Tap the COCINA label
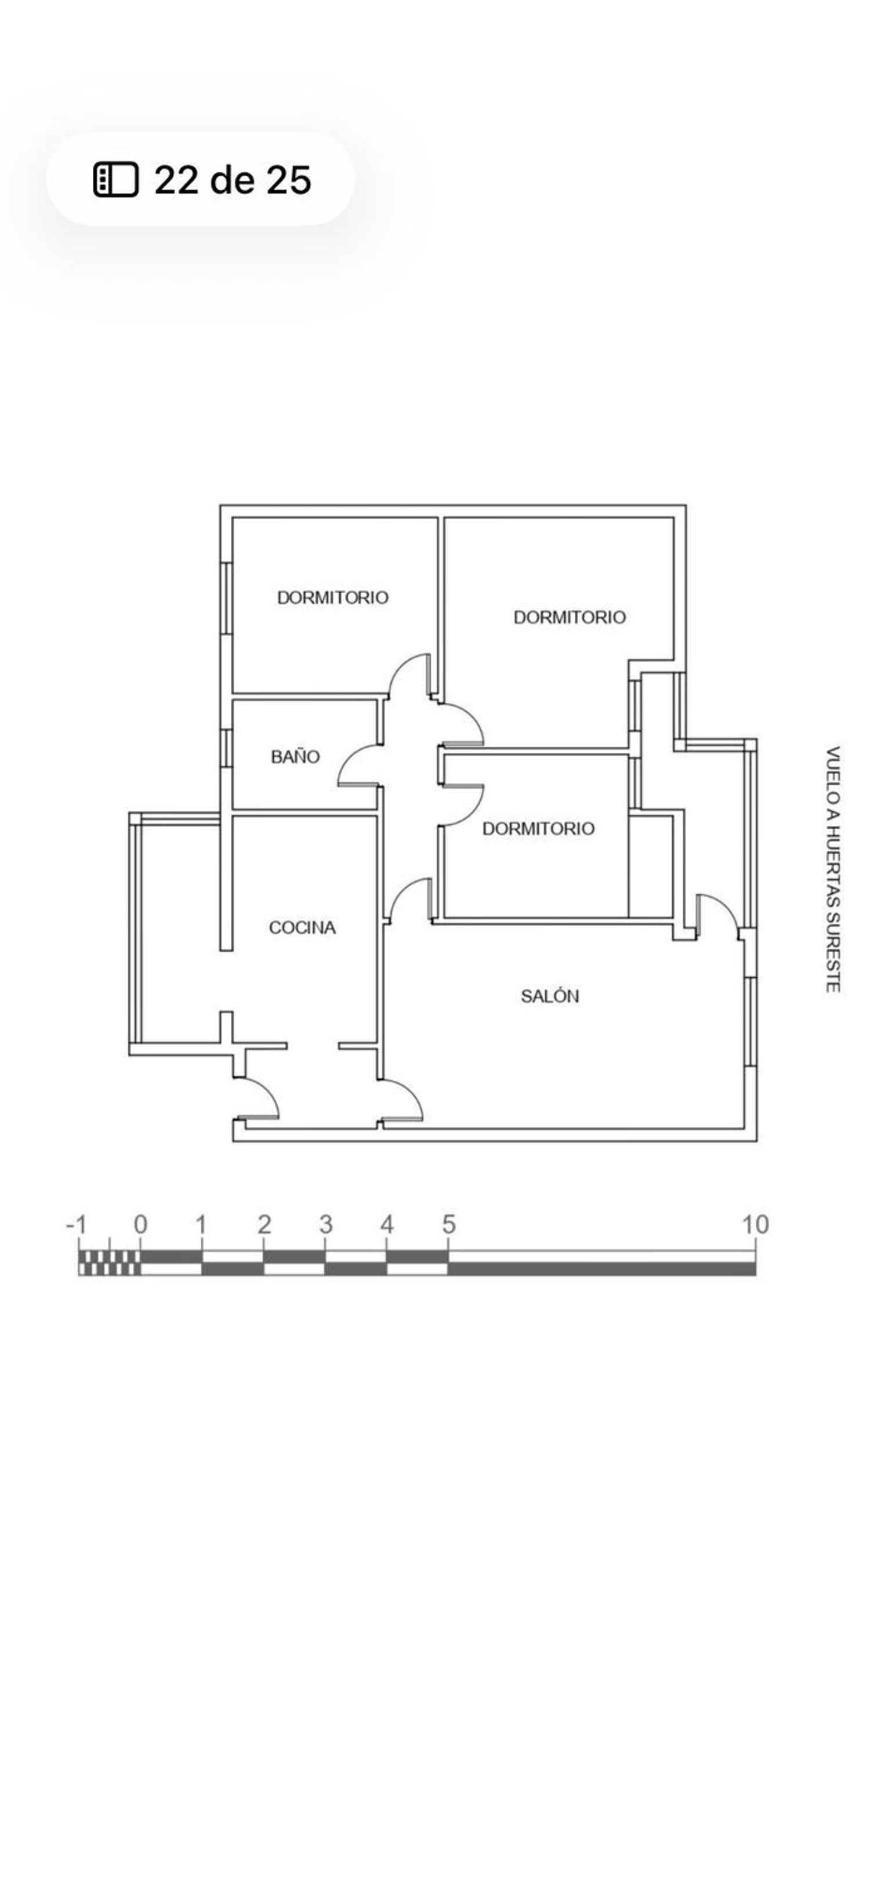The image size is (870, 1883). [302, 928]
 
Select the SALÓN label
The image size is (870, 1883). [550, 996]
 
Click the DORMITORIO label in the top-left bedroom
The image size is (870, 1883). [333, 597]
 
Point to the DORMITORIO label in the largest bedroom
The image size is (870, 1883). [570, 617]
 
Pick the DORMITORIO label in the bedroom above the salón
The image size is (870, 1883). [538, 828]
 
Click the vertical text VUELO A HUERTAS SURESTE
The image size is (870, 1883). [833, 869]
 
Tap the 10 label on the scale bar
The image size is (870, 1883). [756, 1224]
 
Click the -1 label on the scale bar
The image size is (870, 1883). [77, 1224]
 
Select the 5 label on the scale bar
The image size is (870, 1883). [449, 1224]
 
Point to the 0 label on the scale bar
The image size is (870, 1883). [140, 1224]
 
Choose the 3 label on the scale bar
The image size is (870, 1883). [326, 1224]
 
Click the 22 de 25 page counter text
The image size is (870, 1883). [233, 179]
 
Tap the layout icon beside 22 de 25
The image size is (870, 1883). [115, 179]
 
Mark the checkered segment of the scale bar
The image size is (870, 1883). [110, 1262]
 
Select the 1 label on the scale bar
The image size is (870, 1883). [201, 1224]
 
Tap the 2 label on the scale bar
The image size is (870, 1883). [264, 1224]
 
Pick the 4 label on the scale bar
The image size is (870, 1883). [387, 1224]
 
